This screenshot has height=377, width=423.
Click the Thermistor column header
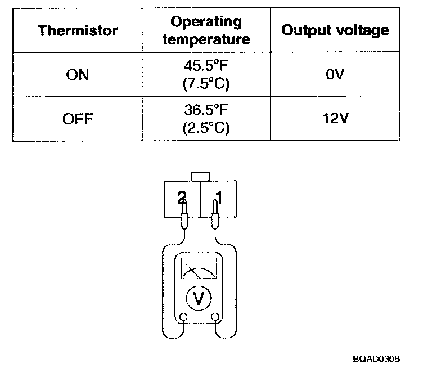(78, 30)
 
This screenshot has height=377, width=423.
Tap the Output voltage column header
(335, 30)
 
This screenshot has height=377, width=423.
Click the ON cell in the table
(78, 74)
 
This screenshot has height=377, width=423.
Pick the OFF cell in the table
(78, 119)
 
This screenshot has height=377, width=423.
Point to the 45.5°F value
(206, 67)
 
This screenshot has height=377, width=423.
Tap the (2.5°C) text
(206, 128)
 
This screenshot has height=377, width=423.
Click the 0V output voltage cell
(335, 74)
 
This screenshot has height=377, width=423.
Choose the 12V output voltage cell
(335, 119)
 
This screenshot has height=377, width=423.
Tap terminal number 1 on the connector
(219, 197)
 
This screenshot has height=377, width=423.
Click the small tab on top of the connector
(200, 177)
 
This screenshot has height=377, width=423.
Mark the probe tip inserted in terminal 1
(214, 210)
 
